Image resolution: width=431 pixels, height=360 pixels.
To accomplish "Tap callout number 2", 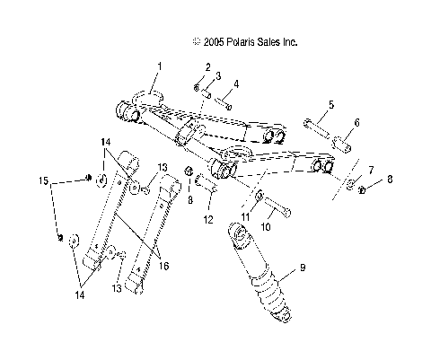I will point(207,66).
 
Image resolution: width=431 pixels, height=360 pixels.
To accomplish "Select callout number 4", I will point(236,83).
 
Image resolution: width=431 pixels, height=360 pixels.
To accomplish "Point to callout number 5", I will point(330,105).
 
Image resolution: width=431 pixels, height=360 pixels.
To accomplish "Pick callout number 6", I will point(356,122).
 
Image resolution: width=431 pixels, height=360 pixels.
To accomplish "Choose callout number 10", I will point(266,228).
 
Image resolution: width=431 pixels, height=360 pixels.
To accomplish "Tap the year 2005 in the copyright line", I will point(213,42).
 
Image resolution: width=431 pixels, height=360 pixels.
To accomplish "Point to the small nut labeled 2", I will point(196,86).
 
